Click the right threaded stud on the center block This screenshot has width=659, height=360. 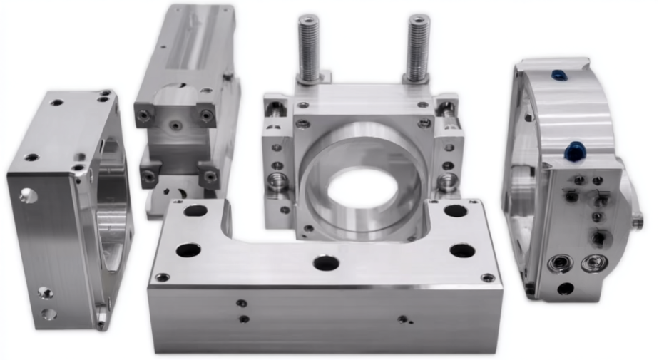(418, 47)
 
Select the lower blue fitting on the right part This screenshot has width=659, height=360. (574, 150)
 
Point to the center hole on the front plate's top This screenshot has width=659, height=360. (326, 263)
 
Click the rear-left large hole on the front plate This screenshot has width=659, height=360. (195, 211)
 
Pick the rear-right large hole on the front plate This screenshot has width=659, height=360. (456, 211)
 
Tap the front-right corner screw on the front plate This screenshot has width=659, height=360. (487, 277)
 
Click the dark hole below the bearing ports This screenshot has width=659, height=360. (566, 289)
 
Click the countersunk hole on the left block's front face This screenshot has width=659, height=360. (27, 194)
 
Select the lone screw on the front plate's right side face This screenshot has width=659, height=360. (404, 319)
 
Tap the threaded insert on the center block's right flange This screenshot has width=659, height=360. (447, 181)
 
